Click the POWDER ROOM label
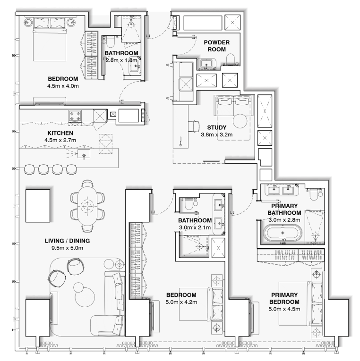click(217, 46)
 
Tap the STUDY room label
click(217, 127)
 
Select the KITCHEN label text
click(60, 133)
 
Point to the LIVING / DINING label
click(67, 241)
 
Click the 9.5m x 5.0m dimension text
click(67, 248)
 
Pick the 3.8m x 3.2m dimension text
click(217, 134)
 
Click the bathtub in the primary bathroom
click(283, 233)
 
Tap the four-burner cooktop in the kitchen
click(75, 116)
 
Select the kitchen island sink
click(84, 154)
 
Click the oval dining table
click(87, 205)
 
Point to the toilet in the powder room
click(231, 59)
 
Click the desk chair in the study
click(194, 126)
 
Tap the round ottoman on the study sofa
click(240, 121)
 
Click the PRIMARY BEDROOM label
click(284, 298)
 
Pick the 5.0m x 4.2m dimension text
click(181, 302)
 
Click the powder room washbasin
click(206, 64)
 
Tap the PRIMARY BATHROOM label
click(284, 209)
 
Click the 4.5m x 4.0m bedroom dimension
click(63, 86)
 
